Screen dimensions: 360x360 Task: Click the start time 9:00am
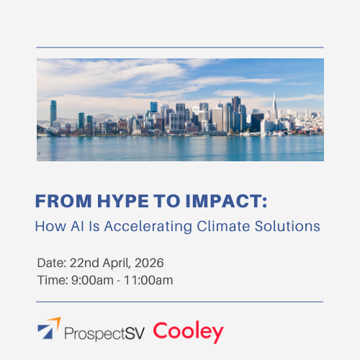pos(89,279)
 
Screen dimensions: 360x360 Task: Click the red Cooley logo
pos(189,332)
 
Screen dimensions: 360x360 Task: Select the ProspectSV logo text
pos(104,333)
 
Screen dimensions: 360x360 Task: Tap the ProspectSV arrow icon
pos(49,332)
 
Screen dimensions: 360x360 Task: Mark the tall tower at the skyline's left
pos(53,114)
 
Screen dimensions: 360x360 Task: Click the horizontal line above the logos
pos(180,302)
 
